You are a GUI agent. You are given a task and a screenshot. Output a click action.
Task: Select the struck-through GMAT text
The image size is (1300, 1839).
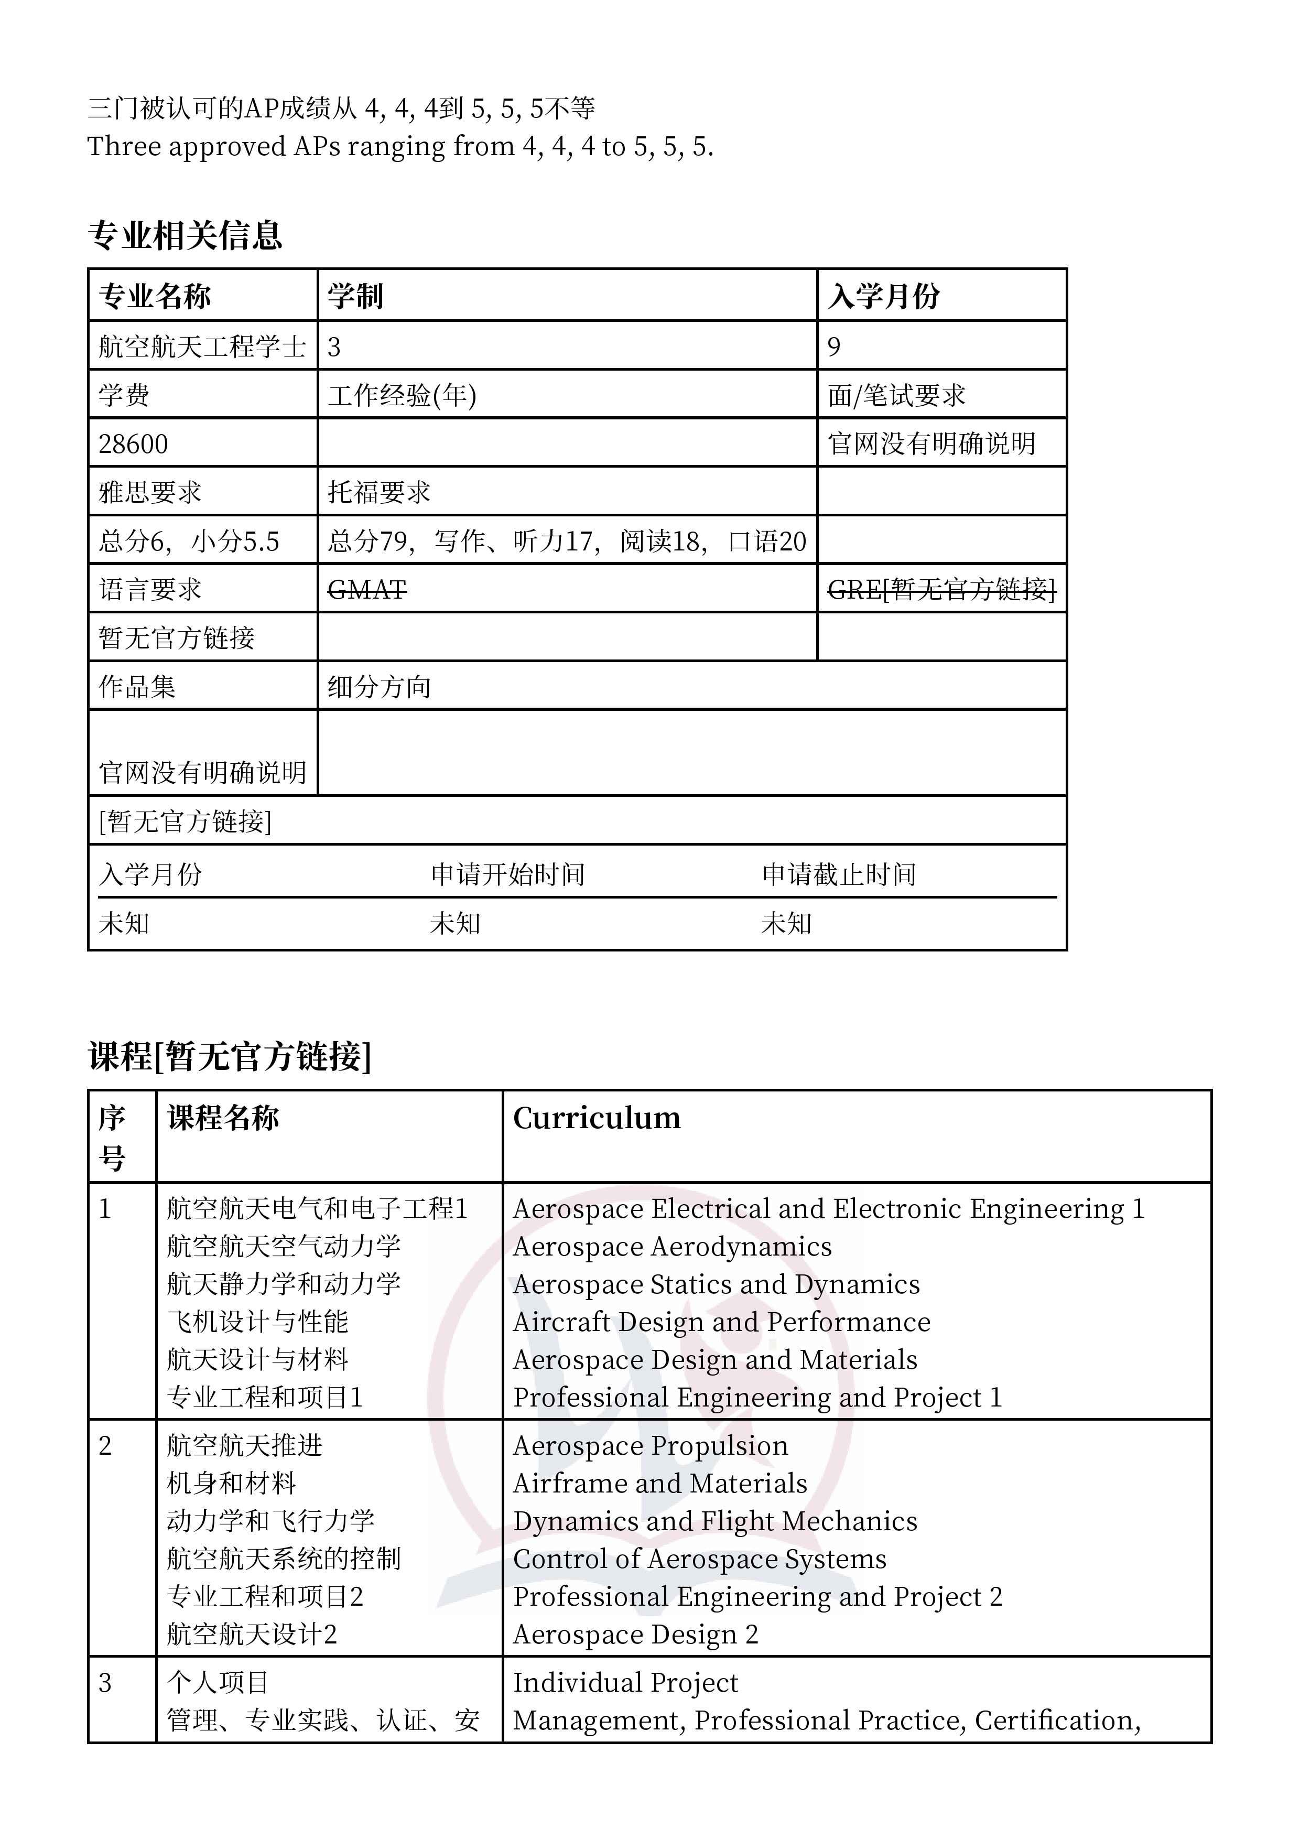coord(367,590)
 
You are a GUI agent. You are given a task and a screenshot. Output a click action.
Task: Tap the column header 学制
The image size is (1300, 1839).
coord(355,296)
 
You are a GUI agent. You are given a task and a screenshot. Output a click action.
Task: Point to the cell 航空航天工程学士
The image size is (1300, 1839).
coord(202,347)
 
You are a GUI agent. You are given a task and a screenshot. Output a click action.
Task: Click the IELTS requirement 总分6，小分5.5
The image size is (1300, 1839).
coord(189,542)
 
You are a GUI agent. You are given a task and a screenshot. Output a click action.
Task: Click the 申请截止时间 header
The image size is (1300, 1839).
coord(839,874)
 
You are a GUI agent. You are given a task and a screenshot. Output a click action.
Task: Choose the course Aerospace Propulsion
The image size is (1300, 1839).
coord(651,1446)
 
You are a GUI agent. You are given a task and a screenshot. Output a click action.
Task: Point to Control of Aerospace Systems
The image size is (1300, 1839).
coord(699,1559)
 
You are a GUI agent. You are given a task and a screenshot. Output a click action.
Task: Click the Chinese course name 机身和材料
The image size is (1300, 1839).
coord(232,1484)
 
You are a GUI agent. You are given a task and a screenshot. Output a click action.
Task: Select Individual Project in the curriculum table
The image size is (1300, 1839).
coord(625,1683)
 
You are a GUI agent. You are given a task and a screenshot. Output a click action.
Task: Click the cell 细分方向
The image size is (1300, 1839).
coord(379,686)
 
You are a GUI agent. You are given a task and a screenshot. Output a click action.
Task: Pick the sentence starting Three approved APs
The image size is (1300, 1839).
coord(399,147)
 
